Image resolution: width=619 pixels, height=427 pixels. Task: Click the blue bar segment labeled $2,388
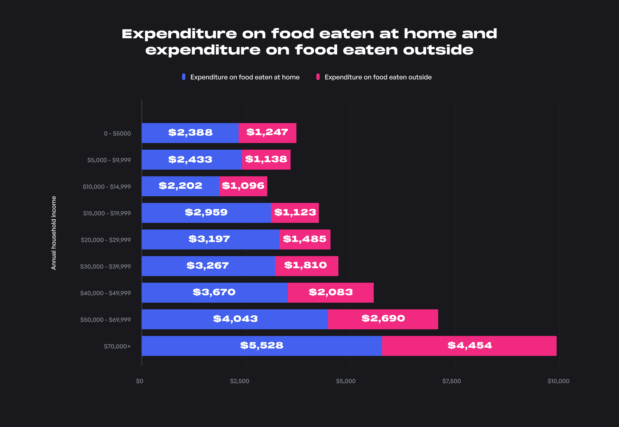[x=190, y=133]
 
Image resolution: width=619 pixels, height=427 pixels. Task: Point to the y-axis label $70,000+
[x=117, y=346]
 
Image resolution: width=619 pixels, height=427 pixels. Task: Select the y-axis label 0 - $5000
[x=117, y=133]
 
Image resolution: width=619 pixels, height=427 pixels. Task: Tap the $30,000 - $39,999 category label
[x=105, y=267]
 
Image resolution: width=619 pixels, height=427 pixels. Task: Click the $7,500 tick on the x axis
[x=451, y=381]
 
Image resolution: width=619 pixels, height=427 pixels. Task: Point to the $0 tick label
[x=140, y=381]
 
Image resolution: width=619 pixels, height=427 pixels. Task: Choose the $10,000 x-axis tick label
[x=558, y=381]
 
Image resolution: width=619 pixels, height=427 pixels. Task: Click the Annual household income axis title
[x=54, y=233]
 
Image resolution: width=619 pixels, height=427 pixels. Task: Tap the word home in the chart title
[x=430, y=34]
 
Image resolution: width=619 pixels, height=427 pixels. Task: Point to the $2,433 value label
[x=190, y=159]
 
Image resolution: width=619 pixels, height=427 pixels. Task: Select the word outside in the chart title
[x=438, y=50]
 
